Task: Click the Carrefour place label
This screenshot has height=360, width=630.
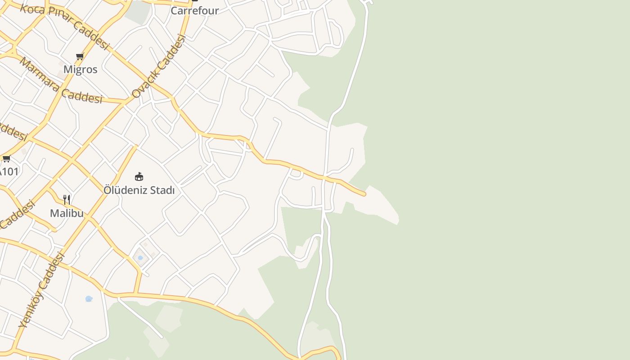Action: coord(194,10)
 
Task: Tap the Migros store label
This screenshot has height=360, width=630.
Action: coord(80,69)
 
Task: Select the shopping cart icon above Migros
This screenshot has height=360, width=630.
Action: coord(80,56)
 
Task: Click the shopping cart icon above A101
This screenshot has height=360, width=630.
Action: coord(6,158)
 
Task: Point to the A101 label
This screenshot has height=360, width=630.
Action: coord(9,171)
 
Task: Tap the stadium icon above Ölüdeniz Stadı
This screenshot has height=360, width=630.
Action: coord(139,176)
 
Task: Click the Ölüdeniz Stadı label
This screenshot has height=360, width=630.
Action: coord(139,190)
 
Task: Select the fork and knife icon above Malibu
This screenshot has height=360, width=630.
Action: coord(67,199)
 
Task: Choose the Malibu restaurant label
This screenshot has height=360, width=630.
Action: coord(67,213)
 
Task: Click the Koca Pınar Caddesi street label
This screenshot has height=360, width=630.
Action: coord(65,27)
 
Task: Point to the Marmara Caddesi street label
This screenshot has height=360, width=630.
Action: coord(61,81)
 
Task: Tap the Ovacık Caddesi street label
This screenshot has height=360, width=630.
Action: coord(159,66)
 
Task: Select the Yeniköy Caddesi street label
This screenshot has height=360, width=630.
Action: coord(42,290)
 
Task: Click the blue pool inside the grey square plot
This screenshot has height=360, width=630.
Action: coord(140,258)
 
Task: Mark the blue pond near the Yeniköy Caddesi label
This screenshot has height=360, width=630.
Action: coord(89,299)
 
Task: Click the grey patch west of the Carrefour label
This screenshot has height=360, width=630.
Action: coord(137,12)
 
